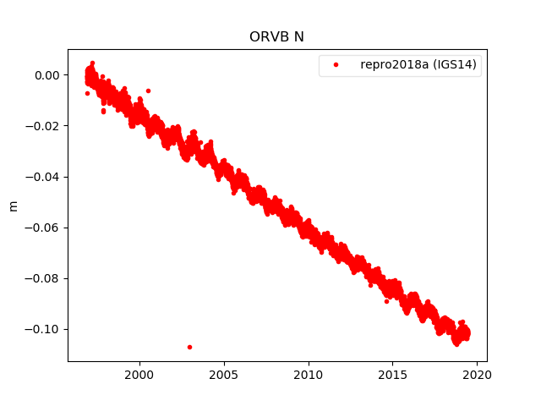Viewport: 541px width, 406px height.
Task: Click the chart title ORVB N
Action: (x=277, y=37)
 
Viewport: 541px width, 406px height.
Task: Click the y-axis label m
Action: (x=13, y=206)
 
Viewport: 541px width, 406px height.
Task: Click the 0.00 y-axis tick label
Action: (x=47, y=75)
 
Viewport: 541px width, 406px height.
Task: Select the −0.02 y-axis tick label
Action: (x=44, y=126)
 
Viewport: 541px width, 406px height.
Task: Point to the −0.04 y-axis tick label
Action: (x=44, y=177)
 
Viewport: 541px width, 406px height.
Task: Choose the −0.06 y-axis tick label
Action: (x=44, y=228)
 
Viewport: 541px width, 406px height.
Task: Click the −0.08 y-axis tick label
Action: (x=44, y=278)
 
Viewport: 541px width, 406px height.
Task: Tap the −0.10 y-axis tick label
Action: (x=44, y=329)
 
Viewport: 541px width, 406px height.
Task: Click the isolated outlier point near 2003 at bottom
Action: (x=189, y=347)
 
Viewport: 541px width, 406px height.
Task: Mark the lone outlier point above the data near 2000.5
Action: (x=148, y=91)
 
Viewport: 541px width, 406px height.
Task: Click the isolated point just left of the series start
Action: (x=87, y=93)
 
